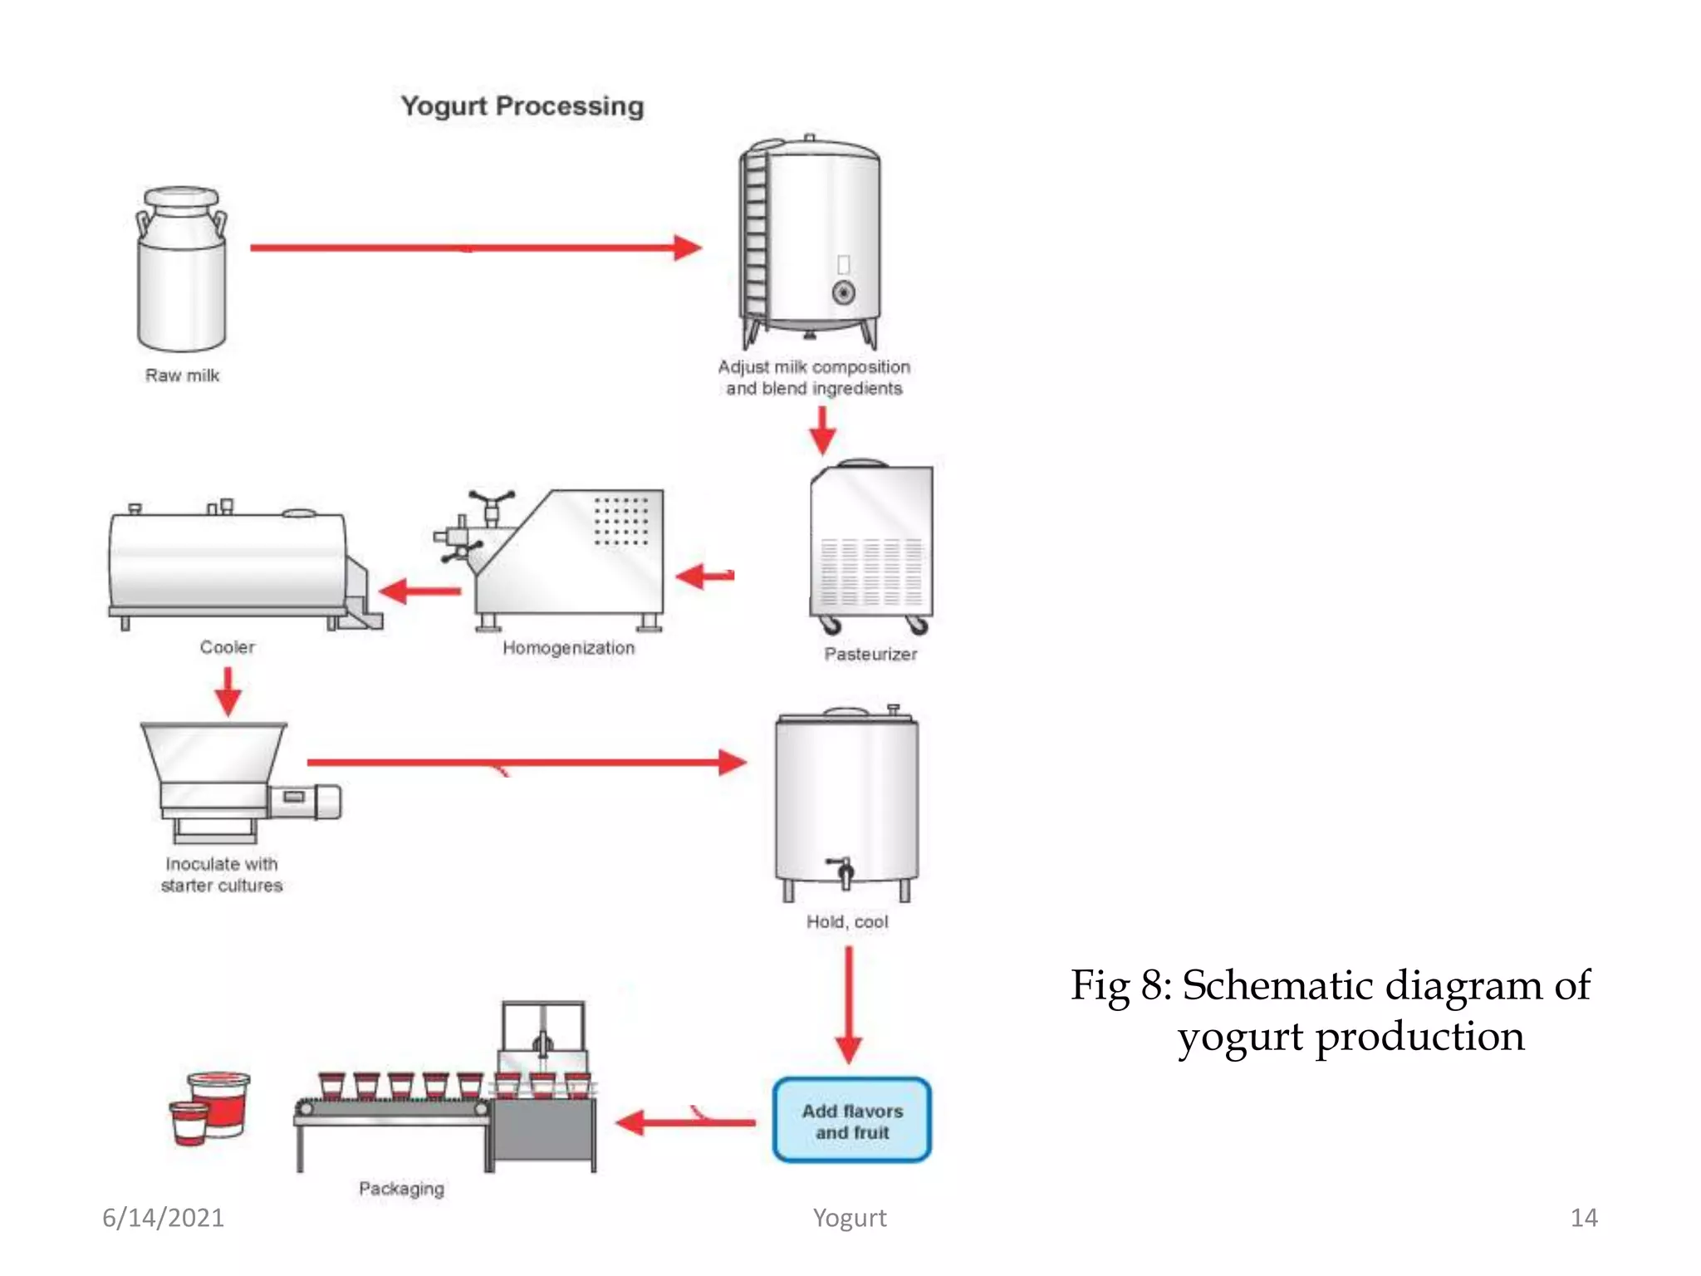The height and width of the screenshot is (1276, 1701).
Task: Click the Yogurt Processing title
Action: click(522, 106)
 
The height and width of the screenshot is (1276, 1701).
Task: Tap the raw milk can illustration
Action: click(181, 270)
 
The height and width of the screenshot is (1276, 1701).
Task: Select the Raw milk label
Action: click(182, 375)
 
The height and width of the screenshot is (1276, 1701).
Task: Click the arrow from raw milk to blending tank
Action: click(473, 248)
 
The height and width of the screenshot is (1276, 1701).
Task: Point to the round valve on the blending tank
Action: click(843, 292)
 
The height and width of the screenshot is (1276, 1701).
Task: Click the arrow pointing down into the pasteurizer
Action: click(822, 429)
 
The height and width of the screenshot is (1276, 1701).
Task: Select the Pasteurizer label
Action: click(870, 655)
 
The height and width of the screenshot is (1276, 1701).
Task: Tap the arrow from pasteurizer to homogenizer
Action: click(705, 576)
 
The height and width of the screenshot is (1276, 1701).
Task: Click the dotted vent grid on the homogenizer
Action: click(621, 521)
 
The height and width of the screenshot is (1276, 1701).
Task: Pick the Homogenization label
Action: click(568, 648)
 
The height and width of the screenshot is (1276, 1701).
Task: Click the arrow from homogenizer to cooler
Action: click(419, 591)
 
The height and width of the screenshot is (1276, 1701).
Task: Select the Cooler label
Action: click(227, 647)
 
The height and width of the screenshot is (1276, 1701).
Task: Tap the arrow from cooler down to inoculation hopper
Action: click(228, 691)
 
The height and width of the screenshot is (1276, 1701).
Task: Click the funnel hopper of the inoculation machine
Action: click(213, 752)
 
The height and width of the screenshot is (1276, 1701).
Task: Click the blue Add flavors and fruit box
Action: click(851, 1121)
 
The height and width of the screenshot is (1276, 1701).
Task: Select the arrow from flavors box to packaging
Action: click(686, 1123)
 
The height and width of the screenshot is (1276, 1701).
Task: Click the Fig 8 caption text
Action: click(1331, 1010)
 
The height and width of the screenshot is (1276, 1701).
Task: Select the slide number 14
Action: click(1583, 1218)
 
